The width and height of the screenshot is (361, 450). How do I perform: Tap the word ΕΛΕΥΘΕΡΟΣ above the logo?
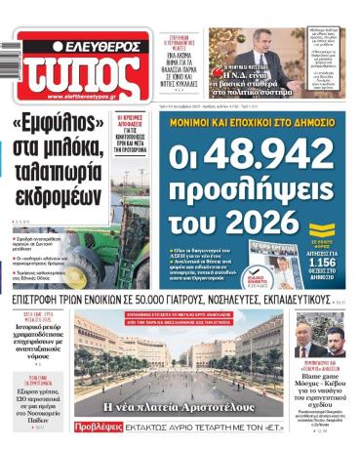(x=101, y=45)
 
